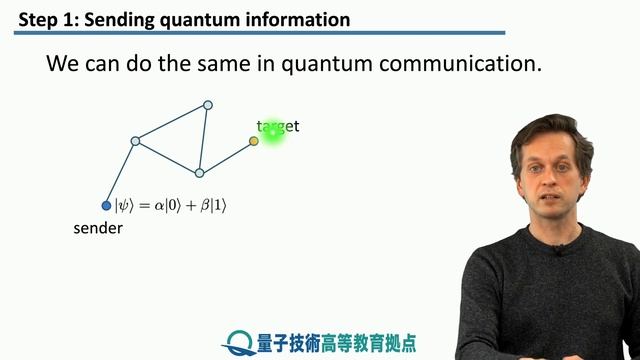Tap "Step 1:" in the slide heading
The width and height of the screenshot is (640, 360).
[45, 19]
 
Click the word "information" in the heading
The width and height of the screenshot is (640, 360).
[298, 19]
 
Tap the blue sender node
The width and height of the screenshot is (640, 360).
[107, 206]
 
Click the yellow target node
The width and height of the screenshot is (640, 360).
[254, 141]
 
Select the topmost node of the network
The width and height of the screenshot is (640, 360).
[208, 105]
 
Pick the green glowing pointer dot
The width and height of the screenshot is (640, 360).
[272, 132]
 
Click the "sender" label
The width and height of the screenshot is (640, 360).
[97, 228]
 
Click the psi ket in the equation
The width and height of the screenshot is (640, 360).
[124, 205]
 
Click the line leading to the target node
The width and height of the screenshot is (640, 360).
[227, 157]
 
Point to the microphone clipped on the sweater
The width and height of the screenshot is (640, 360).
[557, 250]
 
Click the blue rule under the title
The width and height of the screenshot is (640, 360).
[260, 34]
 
